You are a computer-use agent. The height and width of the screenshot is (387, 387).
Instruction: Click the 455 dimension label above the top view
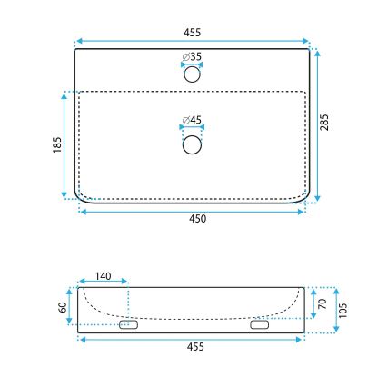tap(192, 32)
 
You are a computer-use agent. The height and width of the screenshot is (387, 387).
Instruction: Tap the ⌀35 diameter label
tap(192, 56)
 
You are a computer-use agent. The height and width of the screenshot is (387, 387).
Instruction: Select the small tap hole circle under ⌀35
tap(192, 75)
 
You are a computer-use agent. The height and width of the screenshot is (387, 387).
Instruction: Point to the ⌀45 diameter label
tap(192, 120)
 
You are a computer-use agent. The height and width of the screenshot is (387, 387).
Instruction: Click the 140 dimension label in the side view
tap(103, 275)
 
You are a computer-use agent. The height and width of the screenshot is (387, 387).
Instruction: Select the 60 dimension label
tap(63, 307)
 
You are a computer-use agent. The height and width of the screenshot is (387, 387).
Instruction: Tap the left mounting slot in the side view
tap(128, 324)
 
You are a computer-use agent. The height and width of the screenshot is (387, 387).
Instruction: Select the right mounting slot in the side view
tap(260, 324)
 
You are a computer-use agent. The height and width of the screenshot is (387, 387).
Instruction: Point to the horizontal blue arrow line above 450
tap(192, 211)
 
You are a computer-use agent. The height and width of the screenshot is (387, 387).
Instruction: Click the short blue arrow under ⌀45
tap(192, 129)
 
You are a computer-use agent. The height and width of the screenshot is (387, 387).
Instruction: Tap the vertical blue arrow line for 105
tap(336, 310)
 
